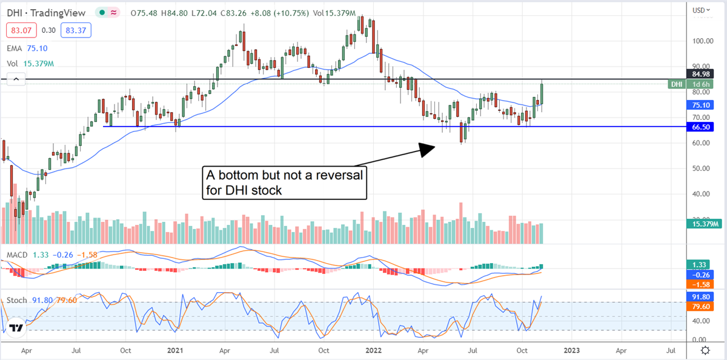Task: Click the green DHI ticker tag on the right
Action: coord(677,84)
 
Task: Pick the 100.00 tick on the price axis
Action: coord(702,41)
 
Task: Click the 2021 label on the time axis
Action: coord(176,350)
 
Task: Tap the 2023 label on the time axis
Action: coord(571,350)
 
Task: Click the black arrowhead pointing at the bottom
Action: coord(427,148)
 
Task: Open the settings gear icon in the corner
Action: coord(705,350)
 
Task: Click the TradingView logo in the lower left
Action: coord(16,328)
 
